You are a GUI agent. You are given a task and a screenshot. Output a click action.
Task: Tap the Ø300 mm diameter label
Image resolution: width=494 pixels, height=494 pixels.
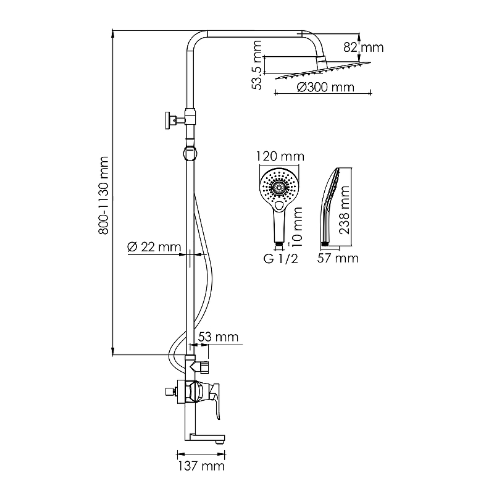[325, 87]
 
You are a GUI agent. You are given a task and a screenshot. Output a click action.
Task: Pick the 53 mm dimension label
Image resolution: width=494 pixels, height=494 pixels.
[218, 337]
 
